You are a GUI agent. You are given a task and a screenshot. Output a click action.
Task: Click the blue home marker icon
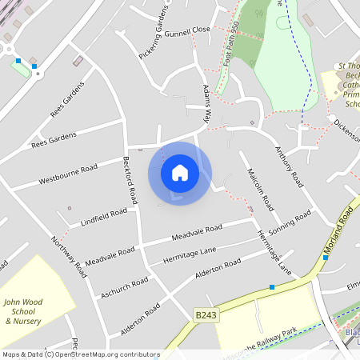(x=180, y=173)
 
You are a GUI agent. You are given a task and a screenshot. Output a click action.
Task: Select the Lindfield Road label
(x=104, y=216)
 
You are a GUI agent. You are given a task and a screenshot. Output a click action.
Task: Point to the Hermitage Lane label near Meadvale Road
(x=188, y=254)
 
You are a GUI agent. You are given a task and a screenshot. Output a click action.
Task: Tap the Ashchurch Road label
(x=125, y=288)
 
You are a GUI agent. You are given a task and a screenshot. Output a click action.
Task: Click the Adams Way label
(x=206, y=104)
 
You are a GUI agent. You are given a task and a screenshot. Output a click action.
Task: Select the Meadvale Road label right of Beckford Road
(x=197, y=233)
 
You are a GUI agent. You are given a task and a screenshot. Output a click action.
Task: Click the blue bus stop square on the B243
(x=272, y=286)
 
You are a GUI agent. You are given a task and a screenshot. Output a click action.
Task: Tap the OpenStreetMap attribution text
(x=81, y=354)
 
